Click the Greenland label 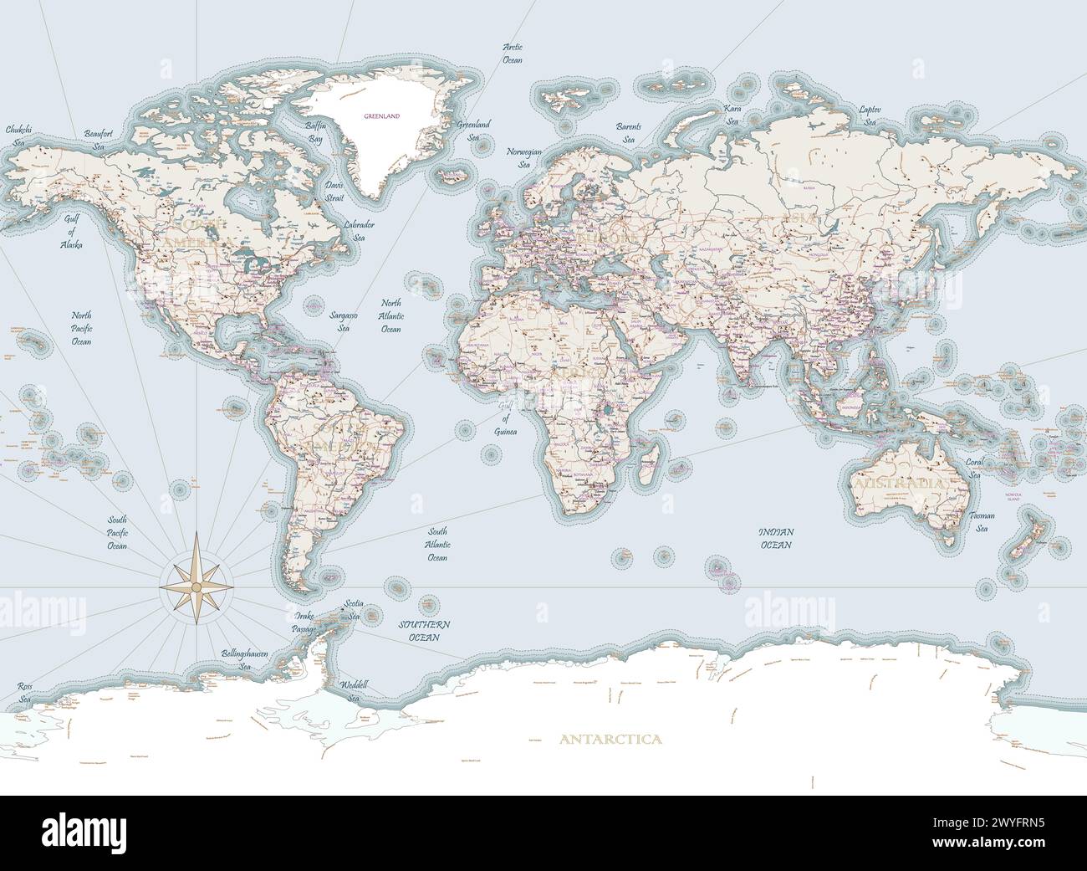[x=381, y=115]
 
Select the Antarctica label [x=610, y=739]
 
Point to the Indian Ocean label [x=776, y=538]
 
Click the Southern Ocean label [x=424, y=631]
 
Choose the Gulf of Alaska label [x=70, y=232]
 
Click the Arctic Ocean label [x=513, y=54]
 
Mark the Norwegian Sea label [x=525, y=159]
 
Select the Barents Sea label [x=629, y=132]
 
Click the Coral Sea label [x=975, y=468]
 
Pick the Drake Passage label [x=304, y=622]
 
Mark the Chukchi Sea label [x=18, y=136]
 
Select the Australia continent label [x=897, y=484]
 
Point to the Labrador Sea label [x=359, y=231]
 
